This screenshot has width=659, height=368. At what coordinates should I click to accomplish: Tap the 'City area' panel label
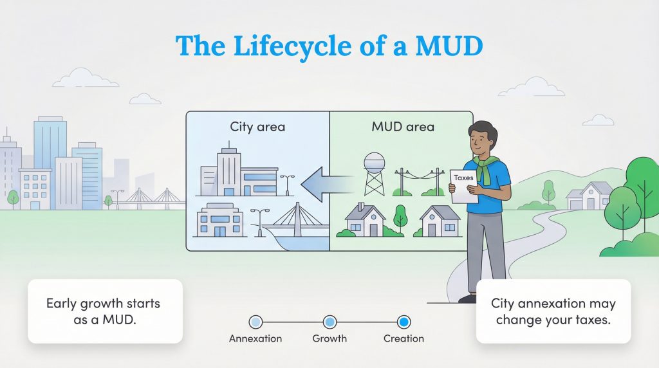257,127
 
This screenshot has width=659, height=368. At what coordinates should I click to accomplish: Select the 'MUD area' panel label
403,127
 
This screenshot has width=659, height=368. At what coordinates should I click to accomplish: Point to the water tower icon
374,172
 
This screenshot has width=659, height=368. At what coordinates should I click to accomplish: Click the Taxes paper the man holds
465,186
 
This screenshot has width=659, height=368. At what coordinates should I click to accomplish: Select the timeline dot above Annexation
255,322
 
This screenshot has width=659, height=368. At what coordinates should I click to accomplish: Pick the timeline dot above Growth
329,322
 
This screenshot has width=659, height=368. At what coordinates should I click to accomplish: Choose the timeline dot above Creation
404,322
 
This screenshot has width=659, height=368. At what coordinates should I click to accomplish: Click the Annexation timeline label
255,338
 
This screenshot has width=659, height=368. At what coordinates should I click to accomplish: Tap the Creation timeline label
404,338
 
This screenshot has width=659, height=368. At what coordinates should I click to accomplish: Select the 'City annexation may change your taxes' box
553,311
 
